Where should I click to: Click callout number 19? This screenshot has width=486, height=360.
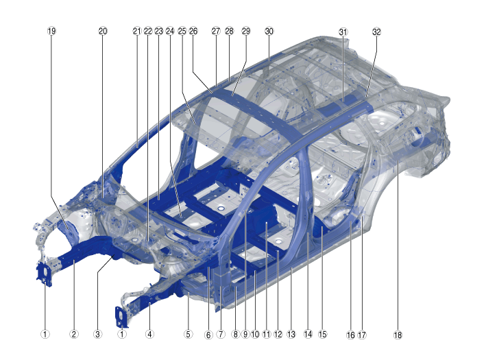pyautogui.click(x=52, y=31)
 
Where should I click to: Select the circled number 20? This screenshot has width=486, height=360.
pyautogui.click(x=103, y=31)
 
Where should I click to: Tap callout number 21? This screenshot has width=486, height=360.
pyautogui.click(x=137, y=31)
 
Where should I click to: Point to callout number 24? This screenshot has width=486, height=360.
pyautogui.click(x=170, y=31)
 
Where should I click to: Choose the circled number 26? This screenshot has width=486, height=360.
pyautogui.click(x=193, y=31)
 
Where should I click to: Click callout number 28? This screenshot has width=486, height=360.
pyautogui.click(x=230, y=31)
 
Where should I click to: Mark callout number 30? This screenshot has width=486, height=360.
pyautogui.click(x=269, y=31)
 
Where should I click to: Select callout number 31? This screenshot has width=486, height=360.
pyautogui.click(x=343, y=32)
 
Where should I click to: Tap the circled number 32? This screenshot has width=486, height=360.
pyautogui.click(x=376, y=32)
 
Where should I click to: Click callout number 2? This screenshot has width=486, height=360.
pyautogui.click(x=74, y=334)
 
